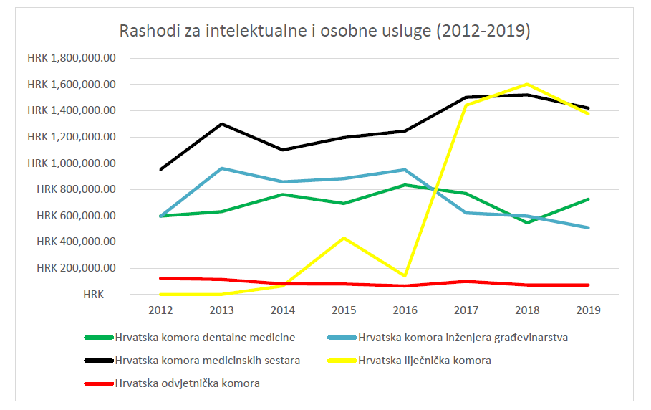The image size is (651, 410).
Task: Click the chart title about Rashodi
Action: [324, 32]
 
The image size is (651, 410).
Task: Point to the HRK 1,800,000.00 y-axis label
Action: [71, 58]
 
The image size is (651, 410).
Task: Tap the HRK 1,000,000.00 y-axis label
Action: [71, 163]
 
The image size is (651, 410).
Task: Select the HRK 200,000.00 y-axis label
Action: [74, 268]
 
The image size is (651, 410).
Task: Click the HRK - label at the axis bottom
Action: [97, 295]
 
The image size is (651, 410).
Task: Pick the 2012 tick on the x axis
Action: [160, 310]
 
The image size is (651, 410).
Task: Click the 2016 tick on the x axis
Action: [405, 310]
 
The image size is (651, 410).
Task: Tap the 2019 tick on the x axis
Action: [588, 310]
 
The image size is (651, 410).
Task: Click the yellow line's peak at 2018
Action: [527, 84]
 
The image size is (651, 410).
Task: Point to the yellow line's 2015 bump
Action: [344, 237]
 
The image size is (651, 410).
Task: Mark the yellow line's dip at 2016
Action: [405, 276]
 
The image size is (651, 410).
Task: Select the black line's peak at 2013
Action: [221, 124]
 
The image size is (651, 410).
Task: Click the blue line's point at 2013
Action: [221, 168]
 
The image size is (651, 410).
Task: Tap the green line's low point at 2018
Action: [527, 223]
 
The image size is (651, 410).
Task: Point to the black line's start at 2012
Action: [160, 170]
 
